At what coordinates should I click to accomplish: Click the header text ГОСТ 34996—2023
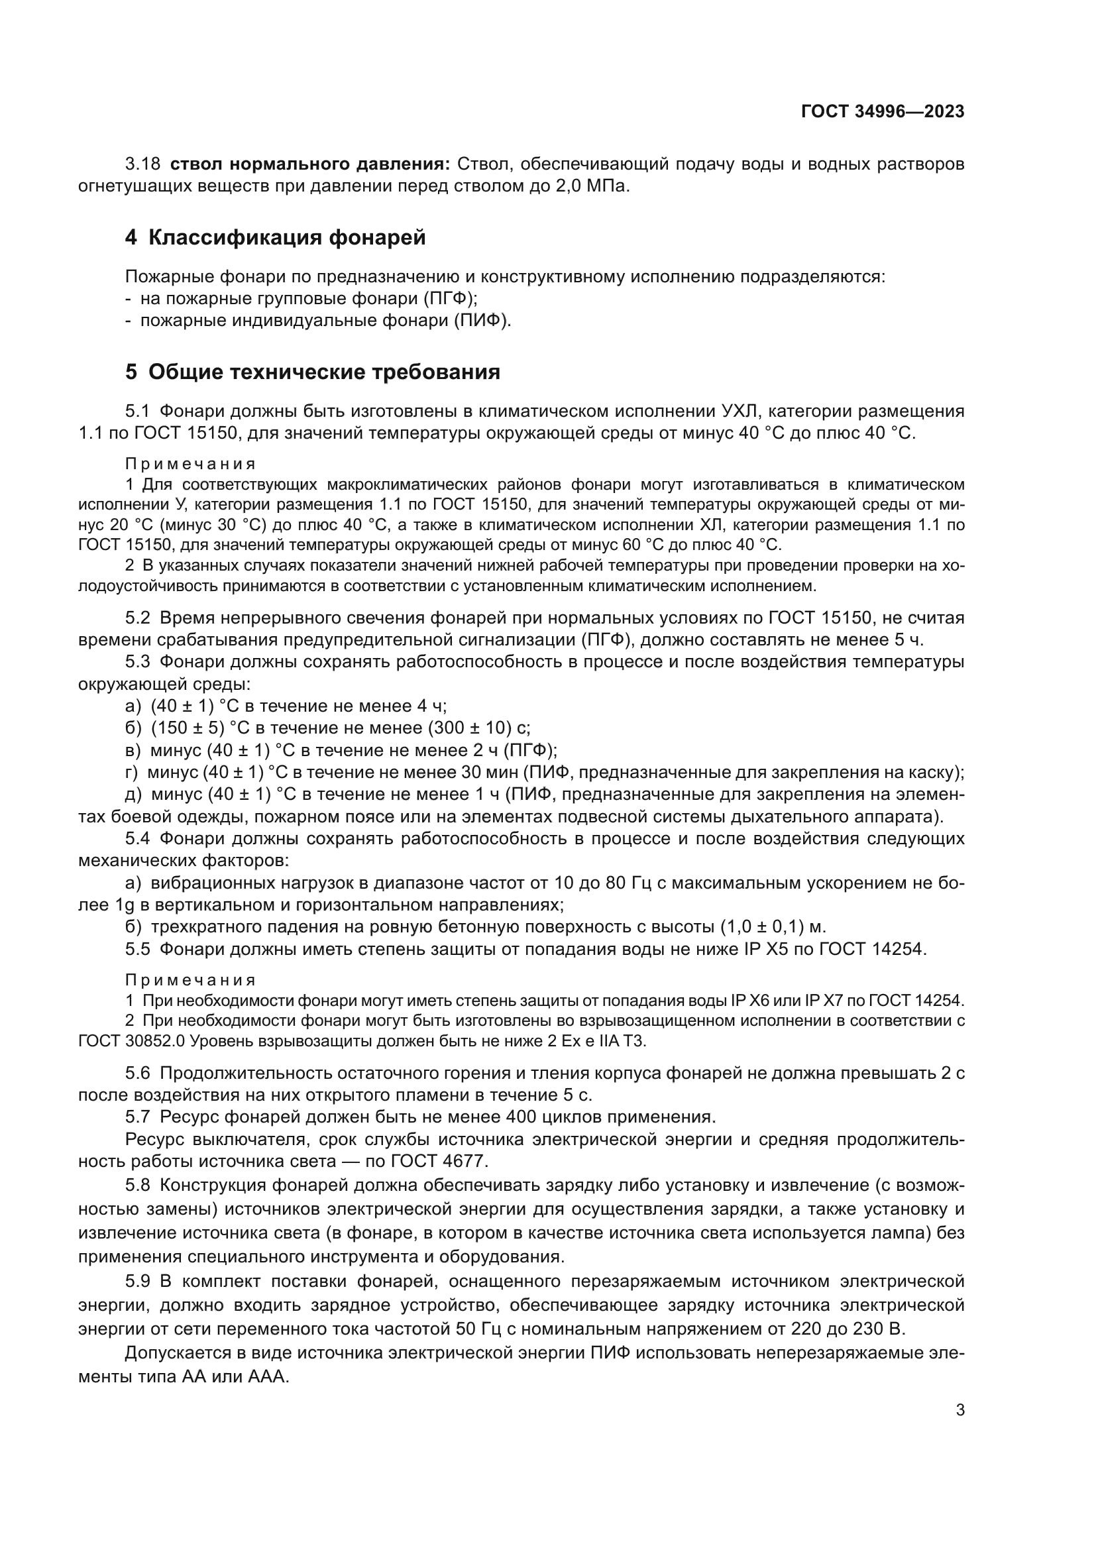[882, 111]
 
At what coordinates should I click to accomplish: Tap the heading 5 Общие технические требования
[313, 372]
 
